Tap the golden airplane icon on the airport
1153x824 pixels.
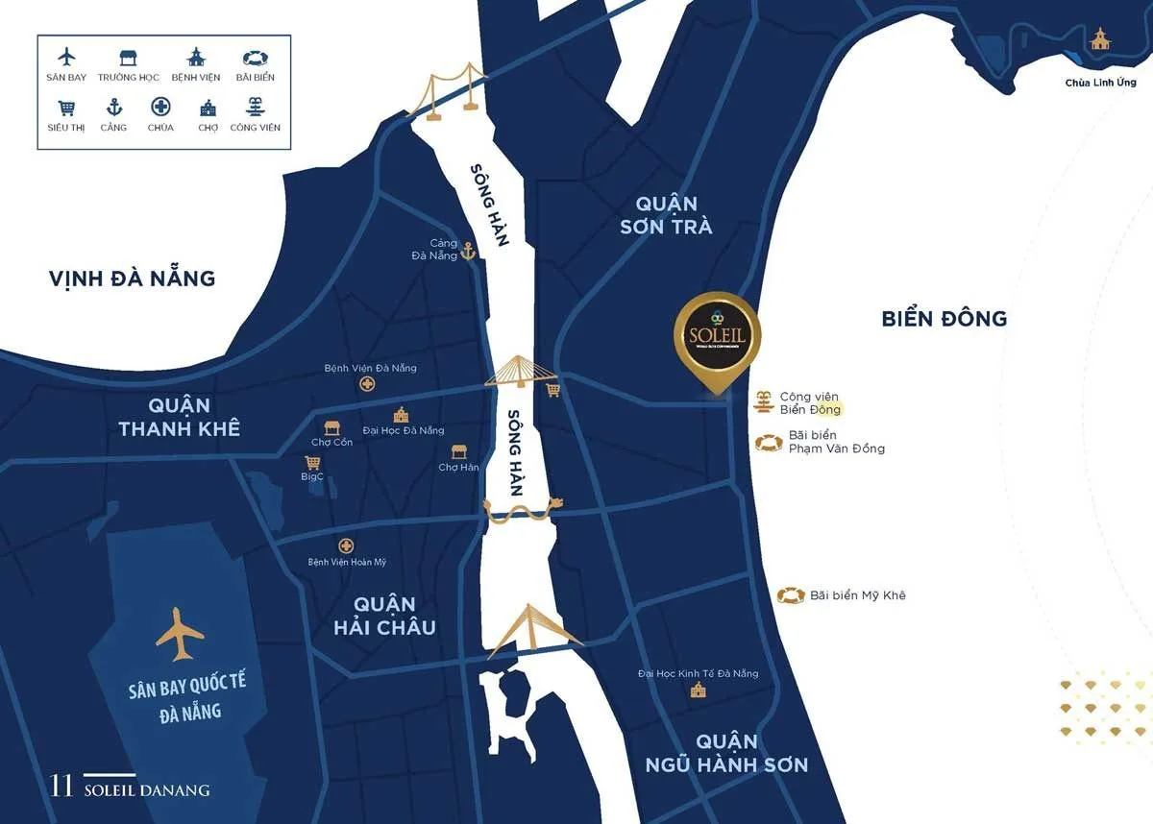click(x=180, y=633)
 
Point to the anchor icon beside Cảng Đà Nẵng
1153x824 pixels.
click(x=468, y=252)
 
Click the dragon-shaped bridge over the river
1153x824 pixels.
click(x=523, y=509)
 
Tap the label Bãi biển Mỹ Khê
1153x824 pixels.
click(x=857, y=595)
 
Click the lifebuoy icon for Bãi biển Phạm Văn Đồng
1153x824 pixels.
click(x=768, y=443)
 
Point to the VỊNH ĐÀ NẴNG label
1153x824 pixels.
click(x=133, y=279)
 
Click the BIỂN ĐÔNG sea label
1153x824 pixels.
click(x=944, y=318)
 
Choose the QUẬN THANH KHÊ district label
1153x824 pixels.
click(x=180, y=417)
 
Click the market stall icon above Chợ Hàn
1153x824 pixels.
click(x=459, y=451)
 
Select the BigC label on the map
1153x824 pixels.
click(x=312, y=475)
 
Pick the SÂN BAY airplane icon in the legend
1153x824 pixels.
click(x=66, y=57)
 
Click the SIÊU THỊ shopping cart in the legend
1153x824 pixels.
click(x=66, y=108)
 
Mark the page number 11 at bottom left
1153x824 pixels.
click(x=61, y=786)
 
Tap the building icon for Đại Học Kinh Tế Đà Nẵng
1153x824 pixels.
click(x=698, y=691)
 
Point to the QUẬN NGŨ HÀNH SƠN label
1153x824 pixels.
click(x=726, y=753)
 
